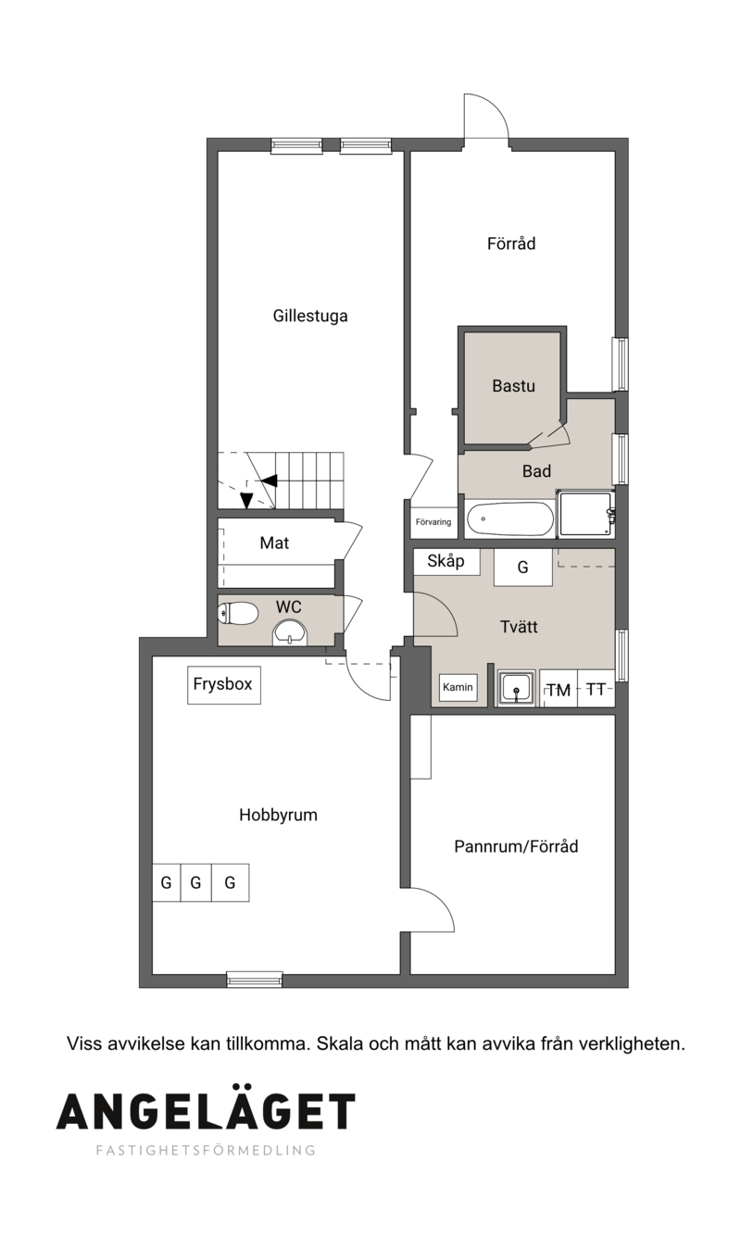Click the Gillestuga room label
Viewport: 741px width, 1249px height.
tap(310, 316)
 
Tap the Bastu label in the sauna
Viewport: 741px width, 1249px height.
tap(513, 386)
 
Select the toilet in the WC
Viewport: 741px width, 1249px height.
tap(238, 614)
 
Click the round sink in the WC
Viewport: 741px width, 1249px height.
tap(290, 632)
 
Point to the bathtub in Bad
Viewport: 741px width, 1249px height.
tap(510, 519)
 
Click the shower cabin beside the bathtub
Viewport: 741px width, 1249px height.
tap(584, 514)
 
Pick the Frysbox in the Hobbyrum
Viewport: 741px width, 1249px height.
tap(224, 684)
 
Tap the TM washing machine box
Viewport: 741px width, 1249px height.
tap(559, 689)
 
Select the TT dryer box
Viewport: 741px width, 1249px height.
tap(596, 689)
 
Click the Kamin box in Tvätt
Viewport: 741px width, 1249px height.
tap(458, 688)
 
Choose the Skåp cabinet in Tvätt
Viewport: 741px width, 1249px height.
tap(446, 561)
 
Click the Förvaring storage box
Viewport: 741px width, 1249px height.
tap(433, 522)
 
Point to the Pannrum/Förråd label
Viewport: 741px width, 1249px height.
tap(516, 846)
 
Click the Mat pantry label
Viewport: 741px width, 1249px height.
tap(274, 543)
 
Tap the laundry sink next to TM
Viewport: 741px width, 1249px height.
tap(517, 689)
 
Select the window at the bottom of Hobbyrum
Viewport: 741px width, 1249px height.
tap(255, 980)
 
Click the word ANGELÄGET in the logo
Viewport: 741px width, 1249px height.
tap(206, 1111)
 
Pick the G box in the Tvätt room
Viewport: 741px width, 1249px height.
tap(522, 568)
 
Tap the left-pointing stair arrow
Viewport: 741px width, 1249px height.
tap(268, 481)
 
